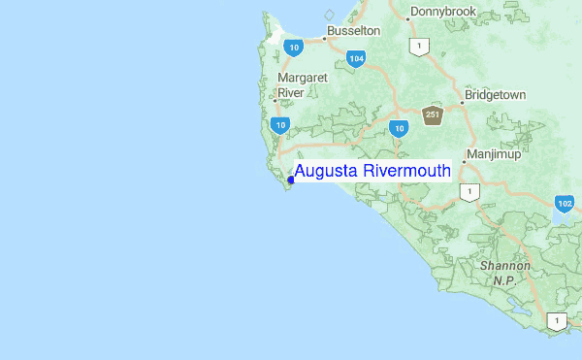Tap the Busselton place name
coord(353,31)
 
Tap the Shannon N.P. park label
coord(503,273)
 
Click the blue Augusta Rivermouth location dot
coord(291,179)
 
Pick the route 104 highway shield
coord(356,59)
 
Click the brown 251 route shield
coord(433,115)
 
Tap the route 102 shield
coord(565,203)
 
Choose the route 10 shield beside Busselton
coord(291,46)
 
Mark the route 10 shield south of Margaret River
coord(281,124)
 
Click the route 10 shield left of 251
coord(398,127)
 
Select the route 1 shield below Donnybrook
coord(419,46)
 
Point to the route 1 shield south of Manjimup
coord(470,192)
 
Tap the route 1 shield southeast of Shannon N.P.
coord(557,319)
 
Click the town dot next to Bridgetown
coord(462,101)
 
